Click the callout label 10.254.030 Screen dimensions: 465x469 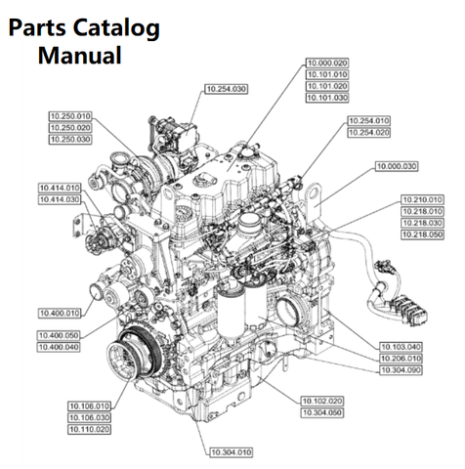[227, 89]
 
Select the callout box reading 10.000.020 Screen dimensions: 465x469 [327, 63]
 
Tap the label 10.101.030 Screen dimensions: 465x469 [327, 98]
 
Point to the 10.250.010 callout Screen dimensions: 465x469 [70, 116]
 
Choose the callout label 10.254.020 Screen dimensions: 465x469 [369, 133]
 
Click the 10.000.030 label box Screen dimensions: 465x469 [397, 166]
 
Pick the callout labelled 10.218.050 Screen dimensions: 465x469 [422, 234]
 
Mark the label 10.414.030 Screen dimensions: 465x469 [60, 199]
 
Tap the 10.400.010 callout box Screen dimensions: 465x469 [60, 314]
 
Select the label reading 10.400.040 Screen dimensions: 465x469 [59, 347]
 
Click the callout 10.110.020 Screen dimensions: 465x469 [89, 429]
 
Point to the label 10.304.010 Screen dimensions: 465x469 [232, 452]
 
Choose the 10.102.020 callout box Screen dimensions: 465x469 [322, 401]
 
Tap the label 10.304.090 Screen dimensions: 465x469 [401, 370]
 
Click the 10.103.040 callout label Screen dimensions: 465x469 [401, 347]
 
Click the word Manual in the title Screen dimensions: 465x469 [80, 55]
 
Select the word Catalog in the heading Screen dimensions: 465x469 [116, 28]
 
